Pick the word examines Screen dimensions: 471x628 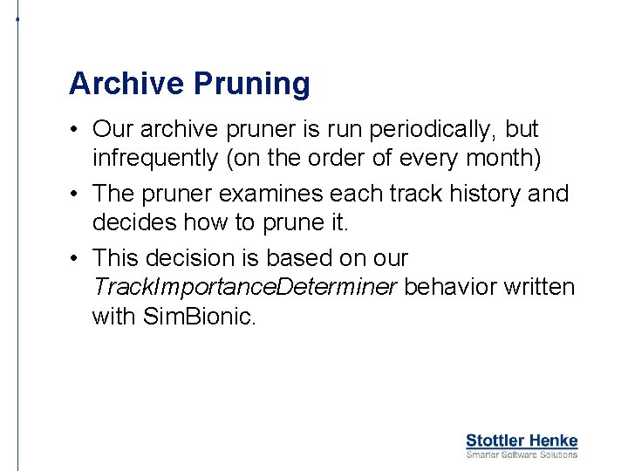point(286,193)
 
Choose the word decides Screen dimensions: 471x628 point(133,223)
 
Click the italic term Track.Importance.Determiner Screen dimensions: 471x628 point(244,288)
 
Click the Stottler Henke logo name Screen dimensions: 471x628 point(522,440)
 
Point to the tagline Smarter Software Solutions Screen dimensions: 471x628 point(522,454)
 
